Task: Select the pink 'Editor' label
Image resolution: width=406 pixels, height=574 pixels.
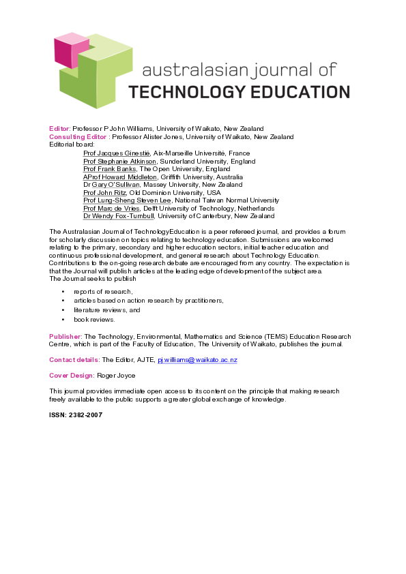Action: (x=59, y=129)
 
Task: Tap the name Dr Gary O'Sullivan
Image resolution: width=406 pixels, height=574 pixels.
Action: (x=111, y=185)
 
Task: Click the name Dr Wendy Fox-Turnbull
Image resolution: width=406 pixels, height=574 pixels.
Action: (x=119, y=216)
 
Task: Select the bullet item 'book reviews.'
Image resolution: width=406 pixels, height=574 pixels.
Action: (x=95, y=319)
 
